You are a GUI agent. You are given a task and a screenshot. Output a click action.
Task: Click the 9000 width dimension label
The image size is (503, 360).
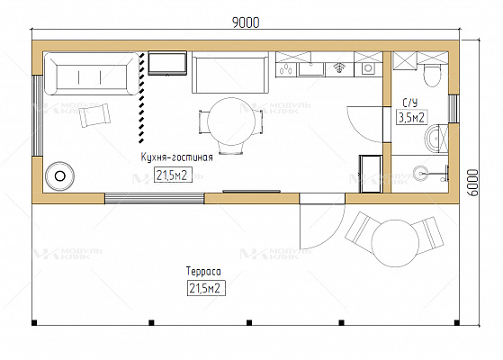tap(246, 22)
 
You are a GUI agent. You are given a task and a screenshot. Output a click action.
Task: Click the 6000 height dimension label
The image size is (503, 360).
tap(472, 183)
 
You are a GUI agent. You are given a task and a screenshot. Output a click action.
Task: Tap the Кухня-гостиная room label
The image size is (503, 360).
tap(176, 157)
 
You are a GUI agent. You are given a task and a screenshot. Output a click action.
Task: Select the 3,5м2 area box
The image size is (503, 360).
tap(412, 117)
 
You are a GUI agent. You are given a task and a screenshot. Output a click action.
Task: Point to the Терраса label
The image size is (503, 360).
tap(203, 272)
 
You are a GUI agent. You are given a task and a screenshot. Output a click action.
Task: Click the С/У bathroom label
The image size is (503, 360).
tap(410, 103)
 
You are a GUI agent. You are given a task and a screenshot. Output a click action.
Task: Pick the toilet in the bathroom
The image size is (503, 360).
tap(432, 75)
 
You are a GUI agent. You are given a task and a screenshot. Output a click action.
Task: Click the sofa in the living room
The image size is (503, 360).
tap(92, 74)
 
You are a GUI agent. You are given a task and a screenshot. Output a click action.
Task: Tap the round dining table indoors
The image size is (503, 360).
tap(231, 121)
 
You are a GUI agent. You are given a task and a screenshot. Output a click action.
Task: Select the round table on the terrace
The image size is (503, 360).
tap(395, 243)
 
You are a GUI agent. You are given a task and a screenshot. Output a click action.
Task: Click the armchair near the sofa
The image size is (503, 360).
tap(95, 115)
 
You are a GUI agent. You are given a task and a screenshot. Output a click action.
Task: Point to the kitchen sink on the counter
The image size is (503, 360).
tap(311, 68)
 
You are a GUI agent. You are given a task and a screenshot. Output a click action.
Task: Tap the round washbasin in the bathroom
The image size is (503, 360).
tap(434, 139)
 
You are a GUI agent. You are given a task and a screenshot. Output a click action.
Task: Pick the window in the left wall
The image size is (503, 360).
tap(38, 115)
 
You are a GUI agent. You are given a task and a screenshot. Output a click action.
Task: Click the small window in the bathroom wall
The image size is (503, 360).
tap(454, 109)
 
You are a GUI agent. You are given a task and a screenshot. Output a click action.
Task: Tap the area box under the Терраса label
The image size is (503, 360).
tap(206, 288)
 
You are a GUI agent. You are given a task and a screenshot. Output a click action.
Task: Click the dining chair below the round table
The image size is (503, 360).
tap(231, 148)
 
